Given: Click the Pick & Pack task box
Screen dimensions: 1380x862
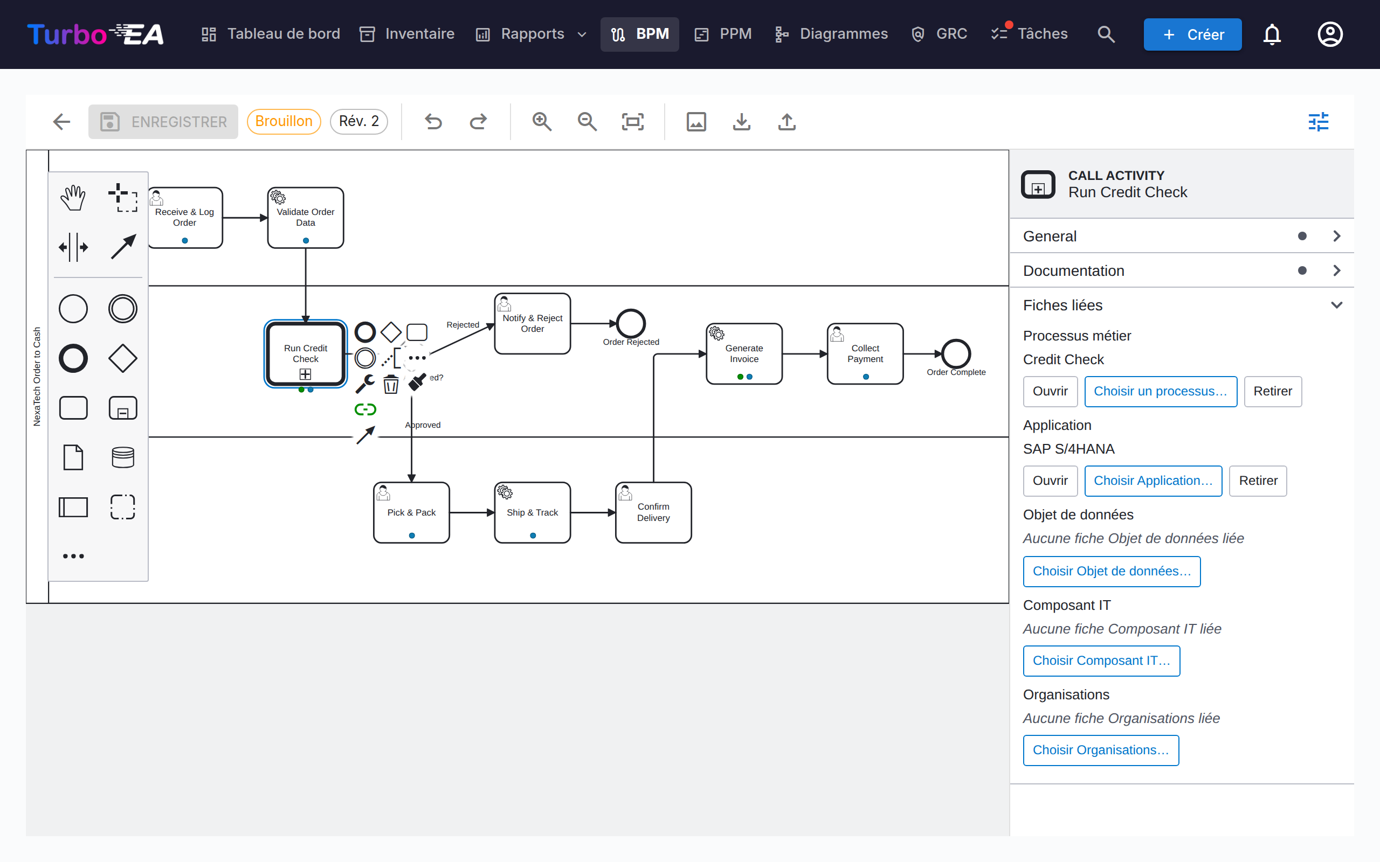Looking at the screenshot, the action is pos(411,512).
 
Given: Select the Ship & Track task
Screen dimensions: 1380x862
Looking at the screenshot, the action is pos(532,512).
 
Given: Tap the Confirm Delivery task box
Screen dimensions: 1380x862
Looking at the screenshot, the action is pos(653,512).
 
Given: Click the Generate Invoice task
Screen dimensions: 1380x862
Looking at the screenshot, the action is pos(744,354).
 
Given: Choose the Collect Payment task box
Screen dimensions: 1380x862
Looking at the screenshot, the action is pos(865,354).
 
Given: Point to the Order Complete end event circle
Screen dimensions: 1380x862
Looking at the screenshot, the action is pos(956,354).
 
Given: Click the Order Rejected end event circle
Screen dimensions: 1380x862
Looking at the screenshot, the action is pos(631,323).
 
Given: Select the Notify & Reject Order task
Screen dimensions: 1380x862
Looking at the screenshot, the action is pos(532,323).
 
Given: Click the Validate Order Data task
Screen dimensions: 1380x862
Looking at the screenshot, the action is pos(306,218).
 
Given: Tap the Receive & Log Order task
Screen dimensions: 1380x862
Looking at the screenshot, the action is pos(185,218).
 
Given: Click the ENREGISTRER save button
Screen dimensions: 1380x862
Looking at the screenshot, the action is pos(163,121).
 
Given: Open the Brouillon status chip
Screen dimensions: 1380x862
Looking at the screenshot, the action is pos(284,121).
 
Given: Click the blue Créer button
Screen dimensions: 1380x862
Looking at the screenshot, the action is pos(1192,34).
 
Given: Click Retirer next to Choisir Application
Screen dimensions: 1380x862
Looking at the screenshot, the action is pos(1258,481).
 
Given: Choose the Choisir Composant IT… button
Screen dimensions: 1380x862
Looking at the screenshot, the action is pos(1101,661).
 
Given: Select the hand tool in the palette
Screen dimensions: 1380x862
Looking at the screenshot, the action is pos(73,198).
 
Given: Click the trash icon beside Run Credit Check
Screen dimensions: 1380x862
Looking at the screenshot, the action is pos(391,384).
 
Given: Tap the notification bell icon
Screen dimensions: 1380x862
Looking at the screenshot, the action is pos(1272,34).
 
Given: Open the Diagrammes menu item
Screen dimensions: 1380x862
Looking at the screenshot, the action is pos(831,34).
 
